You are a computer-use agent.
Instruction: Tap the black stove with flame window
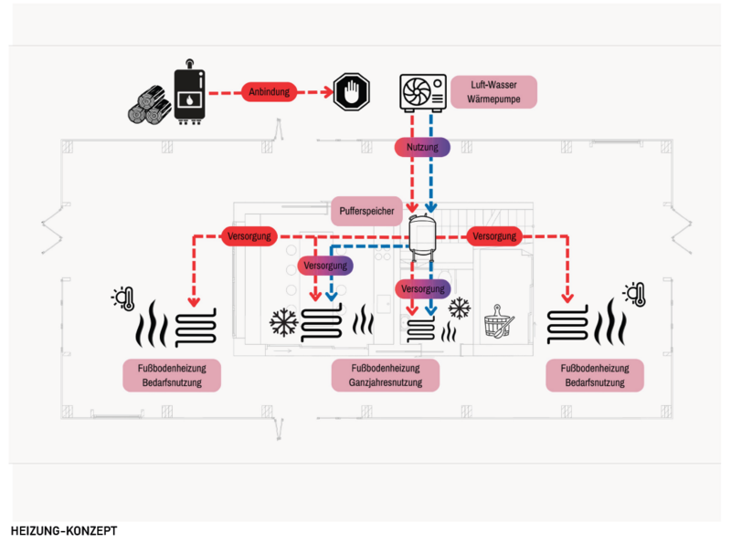point(191,93)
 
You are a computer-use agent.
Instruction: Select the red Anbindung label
point(271,91)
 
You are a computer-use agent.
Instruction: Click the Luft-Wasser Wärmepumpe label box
point(493,92)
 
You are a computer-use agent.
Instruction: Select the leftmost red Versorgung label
point(249,236)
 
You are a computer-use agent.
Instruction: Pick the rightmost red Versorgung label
point(494,236)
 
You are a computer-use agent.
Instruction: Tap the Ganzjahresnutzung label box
point(386,375)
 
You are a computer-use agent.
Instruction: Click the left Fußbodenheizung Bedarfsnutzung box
point(173,375)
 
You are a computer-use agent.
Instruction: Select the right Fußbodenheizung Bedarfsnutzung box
point(594,375)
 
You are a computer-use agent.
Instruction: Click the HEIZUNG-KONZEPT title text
point(64,529)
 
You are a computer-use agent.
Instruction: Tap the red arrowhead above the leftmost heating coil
point(194,300)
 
